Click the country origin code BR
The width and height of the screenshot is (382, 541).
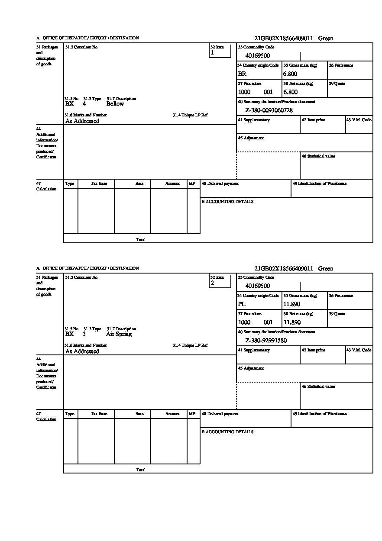coord(242,74)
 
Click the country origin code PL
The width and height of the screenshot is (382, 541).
coord(242,304)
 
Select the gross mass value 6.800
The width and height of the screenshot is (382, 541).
coord(290,74)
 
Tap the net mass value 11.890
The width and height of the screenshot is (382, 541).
coord(291,322)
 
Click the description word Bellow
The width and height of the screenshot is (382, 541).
coord(115,104)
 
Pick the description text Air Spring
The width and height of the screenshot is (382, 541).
coord(119,334)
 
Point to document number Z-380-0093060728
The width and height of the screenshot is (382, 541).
coord(269,110)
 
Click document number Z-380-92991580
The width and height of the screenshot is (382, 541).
coord(266,341)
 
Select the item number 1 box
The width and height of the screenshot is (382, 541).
coord(220,51)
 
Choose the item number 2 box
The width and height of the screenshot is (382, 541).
coord(220,281)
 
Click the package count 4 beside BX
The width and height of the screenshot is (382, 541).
coord(84,104)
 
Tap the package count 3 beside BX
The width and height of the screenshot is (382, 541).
coord(84,334)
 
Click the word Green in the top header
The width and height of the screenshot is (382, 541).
coord(326,39)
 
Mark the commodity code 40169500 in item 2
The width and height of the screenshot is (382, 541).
coord(257,286)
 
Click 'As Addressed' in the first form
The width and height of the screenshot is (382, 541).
coord(82,121)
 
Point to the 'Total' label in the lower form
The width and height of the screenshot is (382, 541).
coord(141,470)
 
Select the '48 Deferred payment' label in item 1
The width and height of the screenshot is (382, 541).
coord(220,184)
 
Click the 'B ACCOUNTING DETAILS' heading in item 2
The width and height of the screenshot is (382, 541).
coord(227,432)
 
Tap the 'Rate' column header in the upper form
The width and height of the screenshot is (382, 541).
coord(139,184)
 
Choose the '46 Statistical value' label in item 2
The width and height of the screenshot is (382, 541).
coord(318,386)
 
